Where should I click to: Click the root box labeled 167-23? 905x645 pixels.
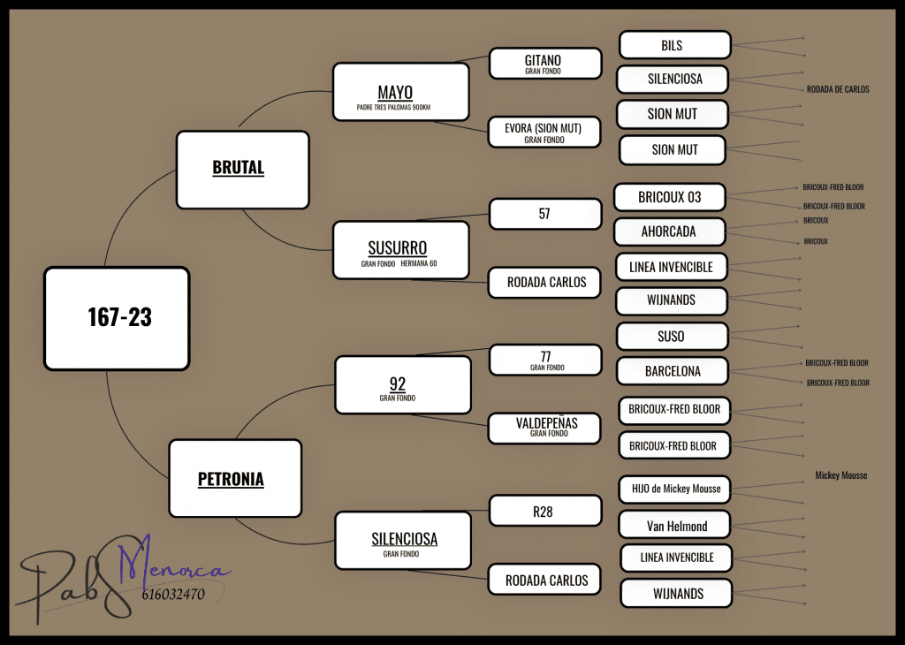[117, 318]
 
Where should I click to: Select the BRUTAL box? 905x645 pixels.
[242, 169]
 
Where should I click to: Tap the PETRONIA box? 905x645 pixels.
[234, 478]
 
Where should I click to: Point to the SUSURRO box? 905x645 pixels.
[400, 251]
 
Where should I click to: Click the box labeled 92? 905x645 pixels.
[402, 384]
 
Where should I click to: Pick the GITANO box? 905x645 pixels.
[544, 64]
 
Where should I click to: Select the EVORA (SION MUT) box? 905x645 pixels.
[544, 133]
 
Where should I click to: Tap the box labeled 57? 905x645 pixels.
[544, 214]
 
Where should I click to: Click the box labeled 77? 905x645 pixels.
[544, 360]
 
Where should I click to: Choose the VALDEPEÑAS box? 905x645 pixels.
[544, 427]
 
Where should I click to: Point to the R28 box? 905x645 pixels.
[544, 511]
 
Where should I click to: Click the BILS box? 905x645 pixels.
[674, 46]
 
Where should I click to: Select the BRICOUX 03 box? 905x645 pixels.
[671, 197]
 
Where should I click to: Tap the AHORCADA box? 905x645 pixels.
[670, 231]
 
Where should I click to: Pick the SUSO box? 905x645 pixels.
[673, 337]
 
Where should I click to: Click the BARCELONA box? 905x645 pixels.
[673, 371]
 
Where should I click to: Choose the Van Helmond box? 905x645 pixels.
[674, 526]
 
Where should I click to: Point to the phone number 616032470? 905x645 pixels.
[173, 595]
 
